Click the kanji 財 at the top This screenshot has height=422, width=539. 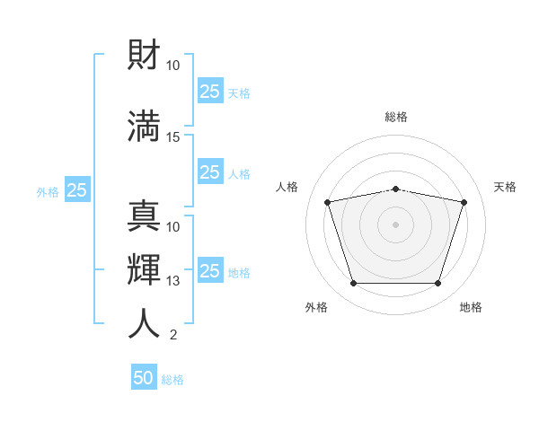click(x=144, y=54)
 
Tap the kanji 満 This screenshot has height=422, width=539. click(x=144, y=126)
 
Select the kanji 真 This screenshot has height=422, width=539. click(x=144, y=215)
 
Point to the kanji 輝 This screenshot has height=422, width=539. click(x=144, y=269)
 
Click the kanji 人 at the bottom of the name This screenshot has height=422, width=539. click(x=144, y=323)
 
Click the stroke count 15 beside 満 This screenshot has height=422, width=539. click(x=172, y=137)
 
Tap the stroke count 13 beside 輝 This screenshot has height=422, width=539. click(x=172, y=281)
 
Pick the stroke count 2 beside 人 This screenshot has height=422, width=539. click(x=173, y=335)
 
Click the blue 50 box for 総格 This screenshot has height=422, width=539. click(x=144, y=376)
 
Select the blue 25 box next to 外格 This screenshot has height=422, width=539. click(x=77, y=189)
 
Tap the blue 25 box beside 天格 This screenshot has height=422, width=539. click(x=210, y=91)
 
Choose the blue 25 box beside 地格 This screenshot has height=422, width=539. click(x=210, y=269)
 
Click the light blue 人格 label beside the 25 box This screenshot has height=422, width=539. click(x=239, y=174)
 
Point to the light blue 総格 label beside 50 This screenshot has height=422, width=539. click(x=172, y=380)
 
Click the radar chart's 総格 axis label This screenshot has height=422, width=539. click(x=396, y=117)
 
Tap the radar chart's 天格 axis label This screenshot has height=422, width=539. click(x=505, y=187)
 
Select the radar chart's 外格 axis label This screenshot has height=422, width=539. click(x=316, y=307)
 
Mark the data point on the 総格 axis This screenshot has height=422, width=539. click(x=395, y=189)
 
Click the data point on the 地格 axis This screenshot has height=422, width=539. click(x=437, y=283)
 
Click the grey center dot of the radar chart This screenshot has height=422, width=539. click(x=395, y=224)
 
